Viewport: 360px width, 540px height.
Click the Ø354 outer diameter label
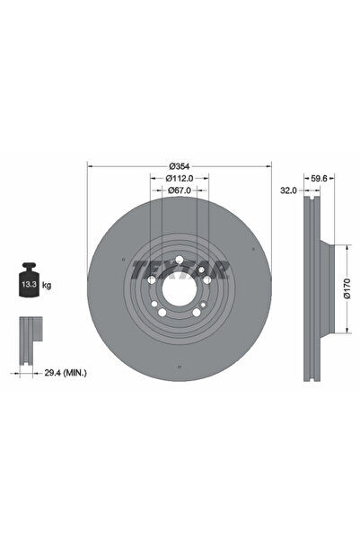(x=180, y=166)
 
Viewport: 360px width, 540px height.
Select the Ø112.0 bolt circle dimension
(x=180, y=178)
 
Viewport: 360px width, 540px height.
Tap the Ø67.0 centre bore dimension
(x=180, y=190)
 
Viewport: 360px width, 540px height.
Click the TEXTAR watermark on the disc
(x=180, y=269)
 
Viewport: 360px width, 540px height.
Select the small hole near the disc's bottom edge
(x=180, y=365)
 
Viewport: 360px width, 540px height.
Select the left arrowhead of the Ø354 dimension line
(x=90, y=166)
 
